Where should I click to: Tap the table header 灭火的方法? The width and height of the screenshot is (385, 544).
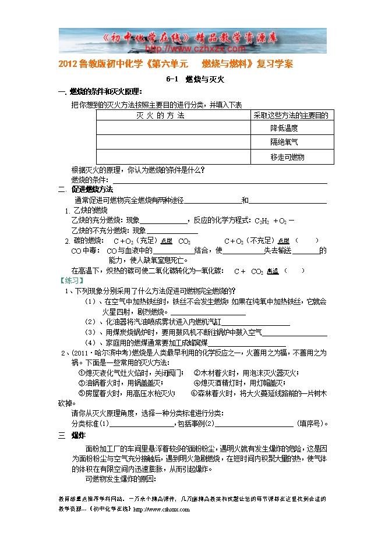(160, 115)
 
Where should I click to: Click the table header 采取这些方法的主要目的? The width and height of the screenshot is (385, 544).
(291, 115)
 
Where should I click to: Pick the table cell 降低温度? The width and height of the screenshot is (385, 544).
(284, 128)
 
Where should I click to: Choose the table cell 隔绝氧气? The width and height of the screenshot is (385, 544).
(284, 142)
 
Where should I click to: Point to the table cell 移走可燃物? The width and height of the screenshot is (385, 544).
(287, 157)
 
